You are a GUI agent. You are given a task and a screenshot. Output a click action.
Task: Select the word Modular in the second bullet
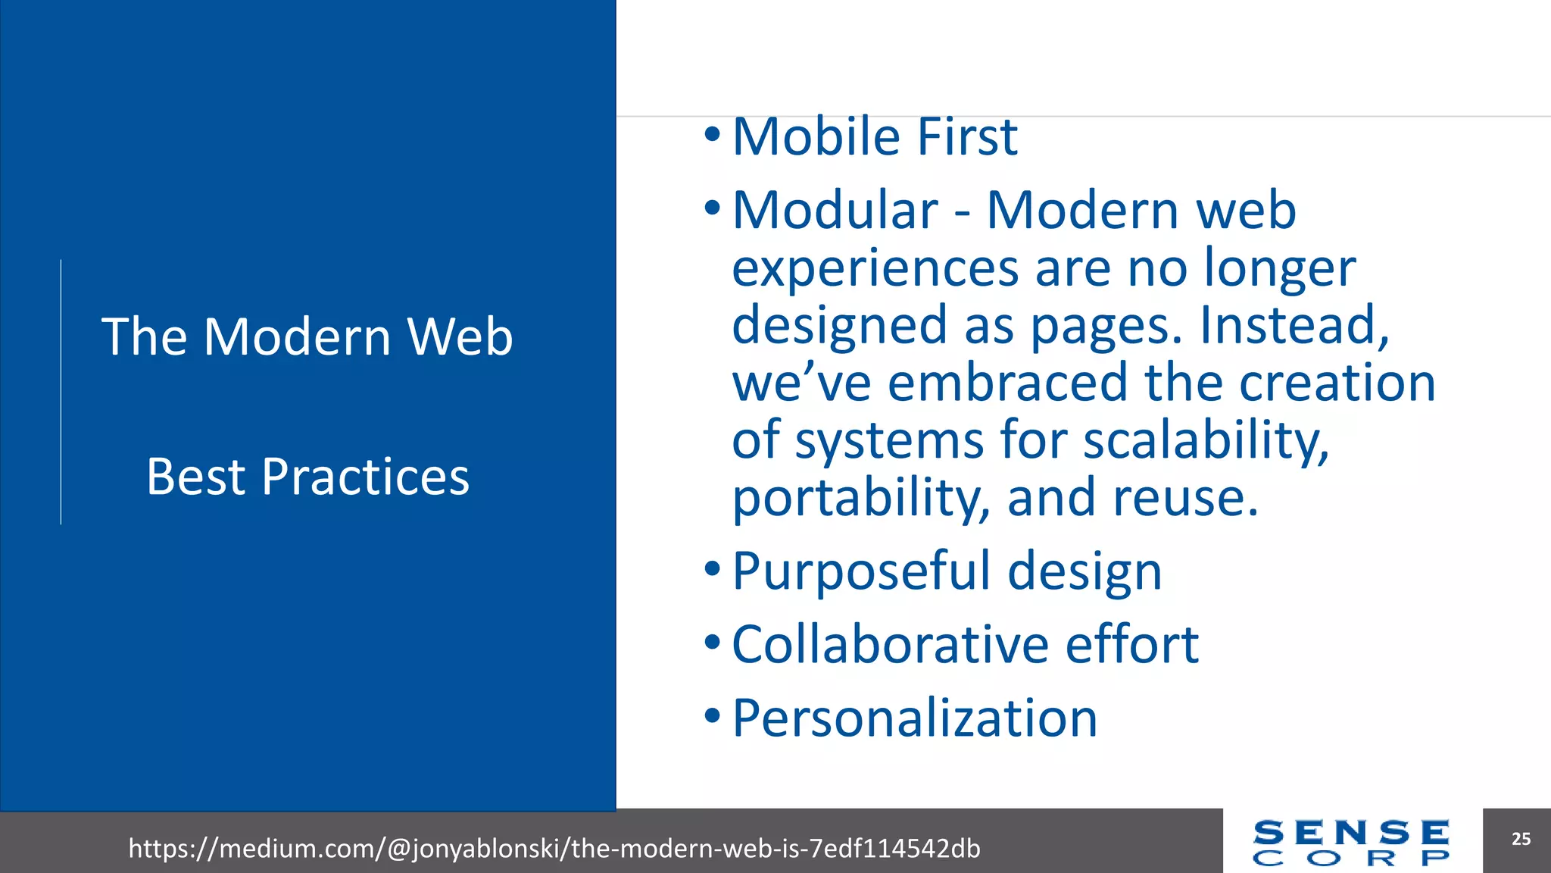835,210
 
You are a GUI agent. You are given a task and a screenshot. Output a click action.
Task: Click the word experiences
875,268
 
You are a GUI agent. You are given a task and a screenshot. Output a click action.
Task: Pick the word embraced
1007,383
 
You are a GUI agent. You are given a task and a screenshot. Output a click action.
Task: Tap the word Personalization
914,718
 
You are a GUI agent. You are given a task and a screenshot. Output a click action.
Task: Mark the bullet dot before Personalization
712,715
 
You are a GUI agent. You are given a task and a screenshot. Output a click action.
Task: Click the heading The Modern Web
307,336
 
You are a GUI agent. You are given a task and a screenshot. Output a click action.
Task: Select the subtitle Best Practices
307,477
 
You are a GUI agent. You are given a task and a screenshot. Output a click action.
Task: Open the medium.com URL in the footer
554,848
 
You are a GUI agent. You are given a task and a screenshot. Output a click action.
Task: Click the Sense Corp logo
1351,842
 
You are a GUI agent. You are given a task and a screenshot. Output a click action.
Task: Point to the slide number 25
1521,839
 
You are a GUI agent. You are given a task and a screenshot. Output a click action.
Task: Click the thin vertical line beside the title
61,392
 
